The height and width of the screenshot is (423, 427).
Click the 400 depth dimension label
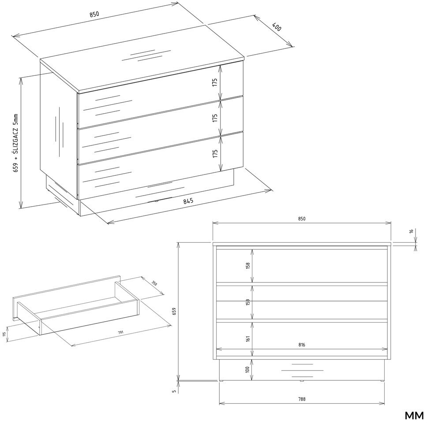[x=276, y=27]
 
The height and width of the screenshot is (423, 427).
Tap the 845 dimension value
[x=188, y=201]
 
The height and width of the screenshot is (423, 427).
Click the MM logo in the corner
[x=414, y=416]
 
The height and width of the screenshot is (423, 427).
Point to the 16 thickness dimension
[x=412, y=231]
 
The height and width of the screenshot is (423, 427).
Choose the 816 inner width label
[x=301, y=345]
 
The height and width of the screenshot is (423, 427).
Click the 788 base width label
[x=302, y=399]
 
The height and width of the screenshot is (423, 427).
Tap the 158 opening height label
[x=247, y=266]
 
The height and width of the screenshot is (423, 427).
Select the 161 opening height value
[x=247, y=339]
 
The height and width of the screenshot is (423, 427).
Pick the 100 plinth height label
[x=247, y=369]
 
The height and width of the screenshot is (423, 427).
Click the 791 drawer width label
[x=120, y=332]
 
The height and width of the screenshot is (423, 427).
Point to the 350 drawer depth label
[x=154, y=283]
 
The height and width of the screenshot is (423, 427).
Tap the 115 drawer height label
[x=4, y=334]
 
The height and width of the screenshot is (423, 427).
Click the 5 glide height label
[x=175, y=391]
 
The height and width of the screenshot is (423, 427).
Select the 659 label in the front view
[x=175, y=311]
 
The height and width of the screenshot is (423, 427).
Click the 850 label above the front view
[x=302, y=219]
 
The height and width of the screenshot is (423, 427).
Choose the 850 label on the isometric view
[x=94, y=15]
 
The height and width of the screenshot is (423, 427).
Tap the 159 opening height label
[x=247, y=302]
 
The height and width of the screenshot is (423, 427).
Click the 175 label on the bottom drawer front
[x=215, y=153]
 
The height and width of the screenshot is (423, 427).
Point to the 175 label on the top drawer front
[x=215, y=82]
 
